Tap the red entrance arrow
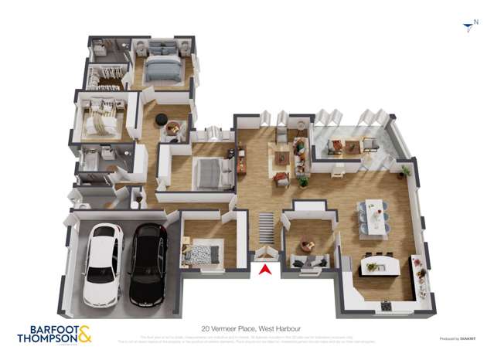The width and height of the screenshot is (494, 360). pos(264,270)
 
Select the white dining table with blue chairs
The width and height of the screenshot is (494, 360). pos(373,214)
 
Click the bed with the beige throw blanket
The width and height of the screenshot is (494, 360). pos(101,120)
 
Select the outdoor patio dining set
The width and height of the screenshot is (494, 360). pos(345,144)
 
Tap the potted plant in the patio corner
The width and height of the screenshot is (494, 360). pos(406,169)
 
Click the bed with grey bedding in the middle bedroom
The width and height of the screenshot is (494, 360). pos(210,172)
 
